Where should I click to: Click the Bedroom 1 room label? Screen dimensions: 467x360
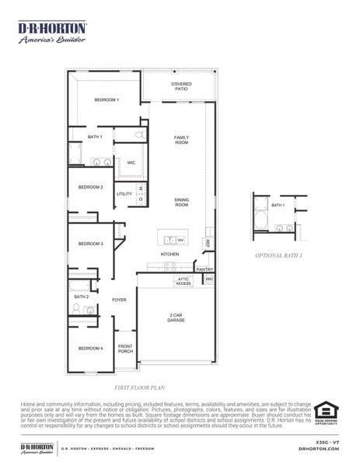click(x=107, y=100)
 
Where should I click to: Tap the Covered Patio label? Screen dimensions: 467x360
click(x=181, y=86)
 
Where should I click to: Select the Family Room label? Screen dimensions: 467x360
click(x=181, y=140)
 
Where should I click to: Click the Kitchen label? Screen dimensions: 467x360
click(x=170, y=255)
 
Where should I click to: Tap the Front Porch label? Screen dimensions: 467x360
click(x=124, y=348)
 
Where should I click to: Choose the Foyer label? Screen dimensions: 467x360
click(x=119, y=299)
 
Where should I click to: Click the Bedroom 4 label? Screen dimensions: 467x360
click(x=90, y=348)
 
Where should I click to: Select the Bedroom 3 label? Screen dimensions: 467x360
click(x=90, y=244)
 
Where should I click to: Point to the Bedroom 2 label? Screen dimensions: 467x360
click(x=90, y=187)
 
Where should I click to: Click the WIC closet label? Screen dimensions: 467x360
click(x=131, y=163)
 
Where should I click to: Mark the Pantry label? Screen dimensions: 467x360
click(x=204, y=269)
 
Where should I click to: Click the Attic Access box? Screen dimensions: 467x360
click(x=183, y=281)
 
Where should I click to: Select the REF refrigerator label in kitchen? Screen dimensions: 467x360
click(x=208, y=243)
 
